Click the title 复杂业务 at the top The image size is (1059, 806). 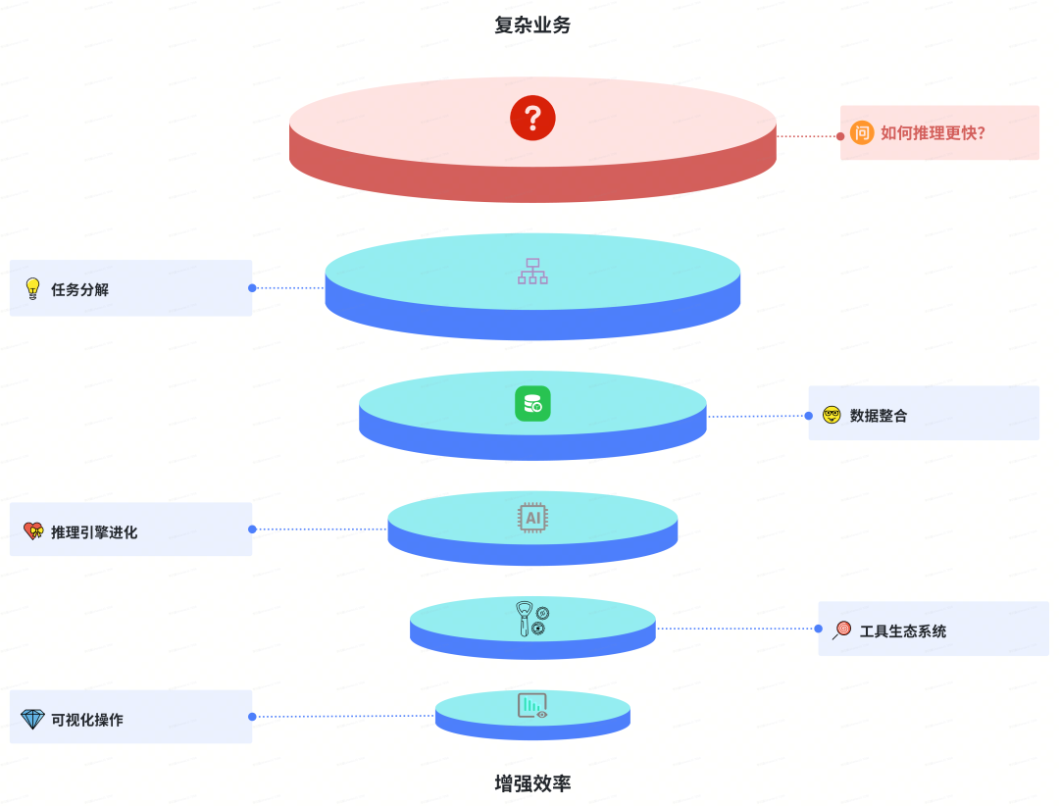click(532, 25)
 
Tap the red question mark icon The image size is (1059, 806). click(532, 119)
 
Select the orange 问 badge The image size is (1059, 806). click(862, 132)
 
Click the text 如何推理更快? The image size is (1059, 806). click(933, 132)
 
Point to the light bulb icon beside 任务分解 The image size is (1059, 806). click(32, 288)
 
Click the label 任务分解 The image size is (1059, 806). click(80, 289)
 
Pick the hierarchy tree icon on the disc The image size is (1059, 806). click(532, 272)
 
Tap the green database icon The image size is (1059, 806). click(532, 404)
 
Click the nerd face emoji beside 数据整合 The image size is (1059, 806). click(832, 415)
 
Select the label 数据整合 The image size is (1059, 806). click(879, 416)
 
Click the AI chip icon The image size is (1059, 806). click(532, 518)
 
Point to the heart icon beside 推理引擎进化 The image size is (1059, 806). click(33, 531)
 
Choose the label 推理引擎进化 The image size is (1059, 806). click(94, 532)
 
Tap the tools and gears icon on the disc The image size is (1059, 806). click(532, 620)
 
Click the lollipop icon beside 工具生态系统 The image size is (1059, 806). click(842, 630)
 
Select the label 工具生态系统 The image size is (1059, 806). click(903, 631)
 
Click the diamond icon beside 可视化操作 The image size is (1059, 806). click(32, 719)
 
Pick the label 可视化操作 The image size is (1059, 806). click(87, 720)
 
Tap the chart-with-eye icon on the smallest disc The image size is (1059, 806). click(532, 706)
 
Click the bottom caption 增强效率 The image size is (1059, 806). click(532, 783)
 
